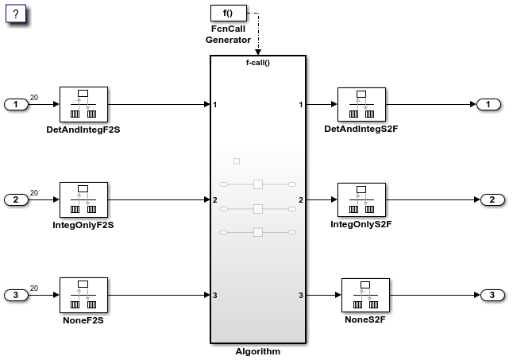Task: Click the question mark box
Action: [16, 14]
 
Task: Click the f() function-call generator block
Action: [228, 14]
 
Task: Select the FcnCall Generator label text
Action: [228, 34]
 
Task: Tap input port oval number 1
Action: [17, 105]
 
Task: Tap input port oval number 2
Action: [17, 199]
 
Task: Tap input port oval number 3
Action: [17, 296]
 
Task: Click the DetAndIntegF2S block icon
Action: [83, 105]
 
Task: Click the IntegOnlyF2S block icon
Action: [83, 200]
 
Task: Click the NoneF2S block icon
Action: [83, 296]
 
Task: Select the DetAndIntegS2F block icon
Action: [361, 105]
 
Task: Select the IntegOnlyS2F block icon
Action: [361, 200]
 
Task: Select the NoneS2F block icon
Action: [364, 296]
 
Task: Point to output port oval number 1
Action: [488, 105]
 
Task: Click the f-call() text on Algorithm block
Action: [257, 62]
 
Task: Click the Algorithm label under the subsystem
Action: [257, 351]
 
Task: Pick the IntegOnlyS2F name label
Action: [361, 225]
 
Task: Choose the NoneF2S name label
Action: [83, 319]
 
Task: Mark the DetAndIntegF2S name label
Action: [83, 129]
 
